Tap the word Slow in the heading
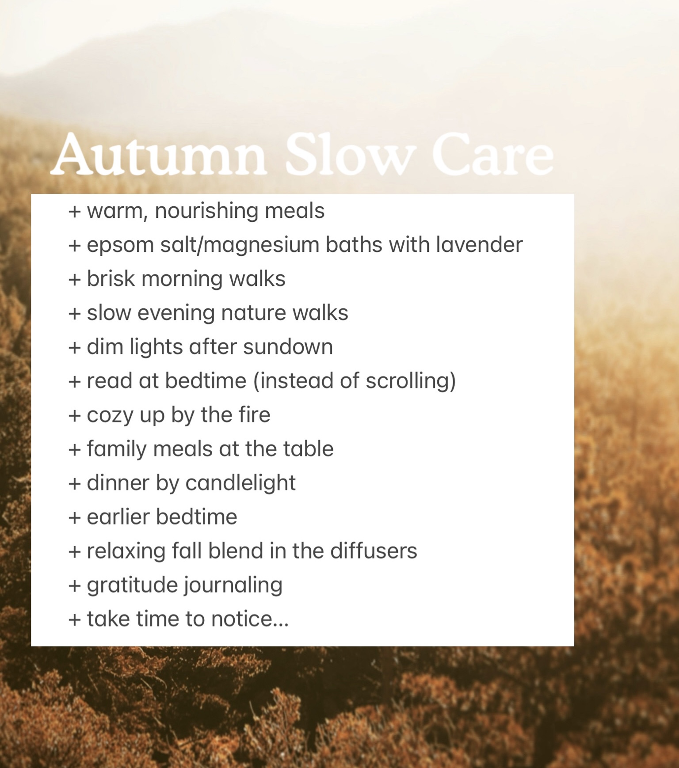(x=348, y=154)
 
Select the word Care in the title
(x=492, y=154)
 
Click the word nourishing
(x=206, y=211)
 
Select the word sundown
(x=288, y=347)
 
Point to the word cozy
(x=110, y=416)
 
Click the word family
(x=117, y=450)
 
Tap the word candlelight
(x=240, y=483)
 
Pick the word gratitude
(x=132, y=586)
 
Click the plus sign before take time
(x=75, y=620)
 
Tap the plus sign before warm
(x=75, y=211)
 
